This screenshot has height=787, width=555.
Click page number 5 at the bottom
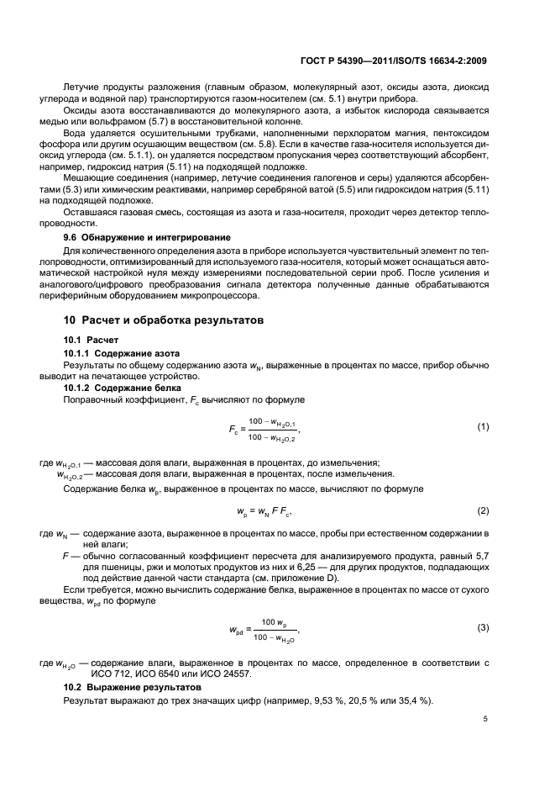(486, 719)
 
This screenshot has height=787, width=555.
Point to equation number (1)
(483, 427)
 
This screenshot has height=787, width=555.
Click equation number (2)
(483, 510)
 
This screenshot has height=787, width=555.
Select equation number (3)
(483, 628)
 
